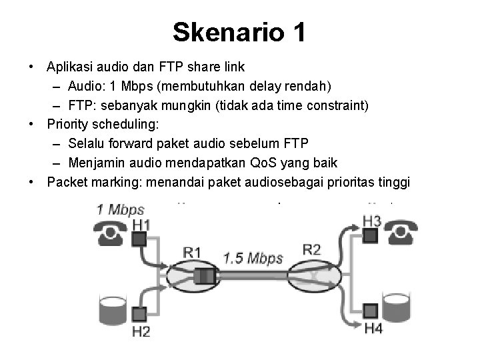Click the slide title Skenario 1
[239, 32]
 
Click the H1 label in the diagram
[141, 225]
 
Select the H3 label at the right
[372, 221]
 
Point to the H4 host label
[373, 327]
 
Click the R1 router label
[192, 252]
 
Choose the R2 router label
[311, 250]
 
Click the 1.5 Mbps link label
[253, 257]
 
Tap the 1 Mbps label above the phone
[120, 209]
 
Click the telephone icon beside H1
[111, 235]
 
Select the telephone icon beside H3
[405, 233]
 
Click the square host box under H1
[139, 239]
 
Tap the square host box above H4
[371, 310]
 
